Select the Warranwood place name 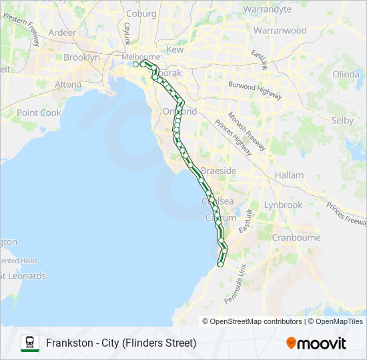coord(280,31)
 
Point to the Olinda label coord(346,73)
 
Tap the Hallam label coord(289,175)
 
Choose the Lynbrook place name coord(283,205)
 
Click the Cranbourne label coord(296,237)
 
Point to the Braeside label coord(220,171)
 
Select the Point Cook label coord(39,113)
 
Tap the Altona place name coord(68,85)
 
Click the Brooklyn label coord(81,57)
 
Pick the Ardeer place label coord(62,32)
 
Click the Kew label coord(175,50)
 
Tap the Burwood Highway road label coord(254,91)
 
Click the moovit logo coord(316,343)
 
